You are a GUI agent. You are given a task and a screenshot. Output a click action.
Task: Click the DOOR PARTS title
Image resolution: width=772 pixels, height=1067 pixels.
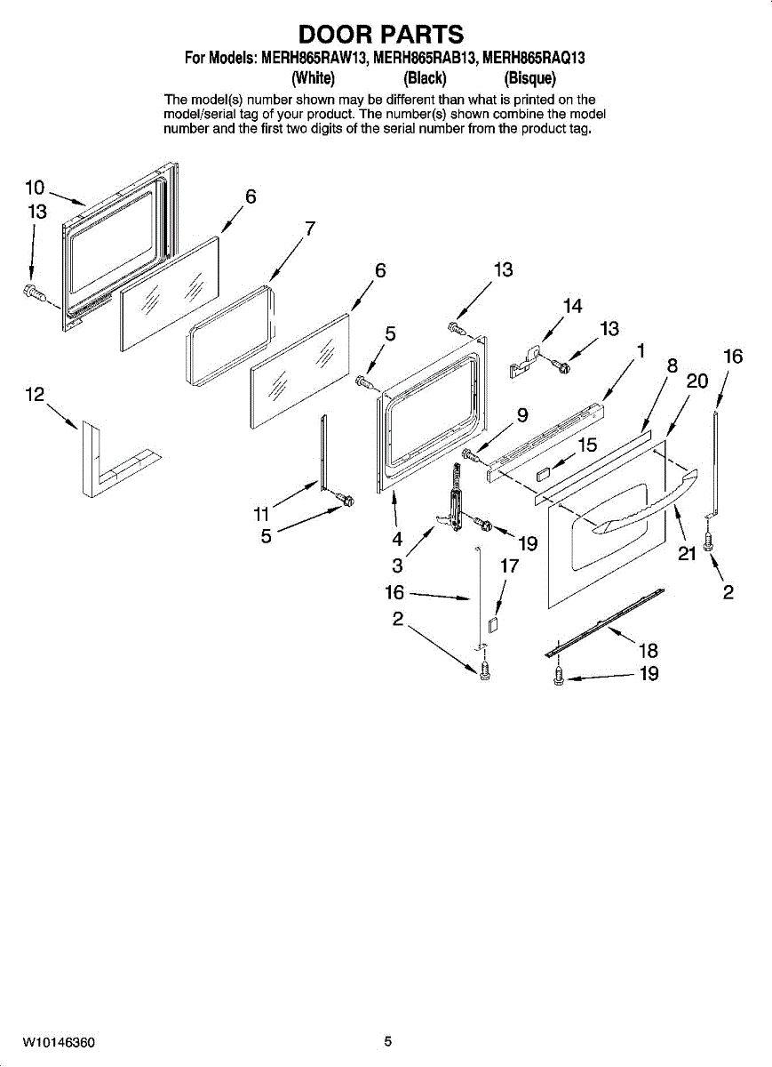(x=381, y=34)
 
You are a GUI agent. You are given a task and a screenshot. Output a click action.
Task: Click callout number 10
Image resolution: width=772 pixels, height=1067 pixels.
(x=35, y=188)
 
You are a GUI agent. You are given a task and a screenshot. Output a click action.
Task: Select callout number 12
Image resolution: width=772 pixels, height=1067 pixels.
(x=35, y=395)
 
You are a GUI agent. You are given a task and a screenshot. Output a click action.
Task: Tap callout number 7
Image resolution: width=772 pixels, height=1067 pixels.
(x=309, y=228)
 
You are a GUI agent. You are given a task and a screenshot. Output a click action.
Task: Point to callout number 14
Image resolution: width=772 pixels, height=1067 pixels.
(x=572, y=306)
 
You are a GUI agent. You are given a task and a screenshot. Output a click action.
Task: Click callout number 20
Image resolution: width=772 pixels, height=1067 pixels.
(x=697, y=381)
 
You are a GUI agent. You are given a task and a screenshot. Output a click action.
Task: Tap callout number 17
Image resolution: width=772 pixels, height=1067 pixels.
(x=509, y=566)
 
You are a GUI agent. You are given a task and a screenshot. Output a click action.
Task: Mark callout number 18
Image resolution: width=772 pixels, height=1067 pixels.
(x=649, y=651)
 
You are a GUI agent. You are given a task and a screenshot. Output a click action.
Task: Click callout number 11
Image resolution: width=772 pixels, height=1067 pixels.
(x=260, y=513)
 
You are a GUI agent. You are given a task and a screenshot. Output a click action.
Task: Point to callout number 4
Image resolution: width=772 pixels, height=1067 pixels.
(x=397, y=538)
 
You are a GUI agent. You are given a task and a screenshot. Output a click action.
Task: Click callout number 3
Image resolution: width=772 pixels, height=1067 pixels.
(x=397, y=566)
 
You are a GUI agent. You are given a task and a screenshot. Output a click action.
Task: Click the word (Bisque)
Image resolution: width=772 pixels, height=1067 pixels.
(x=529, y=76)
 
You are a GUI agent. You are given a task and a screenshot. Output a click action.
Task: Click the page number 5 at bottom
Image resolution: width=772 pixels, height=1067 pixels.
(x=387, y=1041)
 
